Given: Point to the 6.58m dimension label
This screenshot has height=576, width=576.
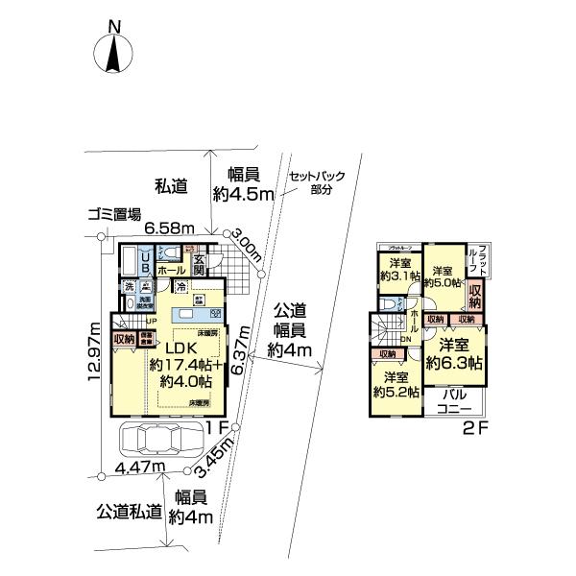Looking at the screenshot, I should click(170, 228).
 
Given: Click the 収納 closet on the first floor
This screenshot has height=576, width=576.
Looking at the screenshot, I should click(122, 338).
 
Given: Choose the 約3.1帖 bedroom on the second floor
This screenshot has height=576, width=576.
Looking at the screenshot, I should click(395, 270).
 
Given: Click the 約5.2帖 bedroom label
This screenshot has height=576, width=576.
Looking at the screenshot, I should click(396, 384).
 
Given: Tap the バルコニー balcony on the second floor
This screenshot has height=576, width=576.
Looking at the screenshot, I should click(460, 401).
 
